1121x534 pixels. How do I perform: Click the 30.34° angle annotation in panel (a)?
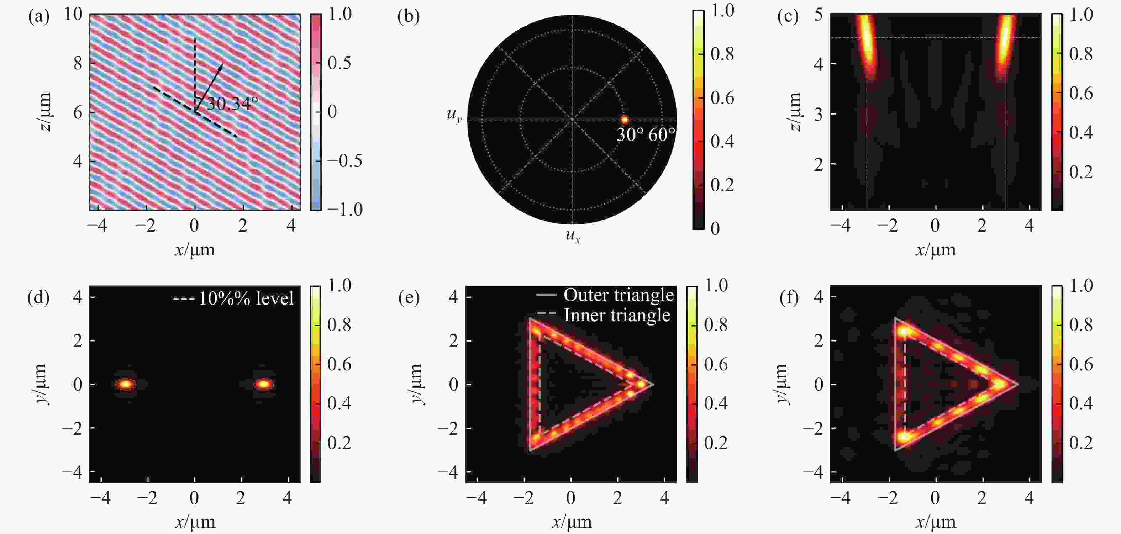coord(232,104)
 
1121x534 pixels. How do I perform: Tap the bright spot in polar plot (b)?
coord(625,119)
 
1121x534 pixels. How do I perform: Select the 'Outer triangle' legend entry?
coord(618,295)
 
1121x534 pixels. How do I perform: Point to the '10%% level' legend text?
coord(246,298)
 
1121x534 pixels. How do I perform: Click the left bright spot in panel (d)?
coord(125,384)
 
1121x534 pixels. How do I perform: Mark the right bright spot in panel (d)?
coord(264,384)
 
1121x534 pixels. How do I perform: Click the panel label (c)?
coord(788,16)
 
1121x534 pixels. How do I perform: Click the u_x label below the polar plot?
coord(573,236)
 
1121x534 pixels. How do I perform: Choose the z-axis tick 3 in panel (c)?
coord(818,115)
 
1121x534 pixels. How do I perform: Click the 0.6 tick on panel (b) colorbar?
coord(722,97)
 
